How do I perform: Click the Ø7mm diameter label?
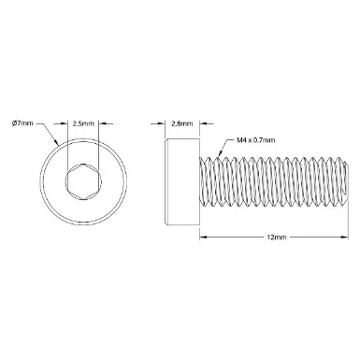[x=22, y=123]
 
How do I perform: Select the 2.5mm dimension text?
[x=83, y=123]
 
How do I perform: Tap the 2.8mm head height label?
[x=182, y=123]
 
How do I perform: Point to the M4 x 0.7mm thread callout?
[x=256, y=140]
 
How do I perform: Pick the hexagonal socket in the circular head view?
[x=83, y=180]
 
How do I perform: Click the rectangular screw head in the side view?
[x=181, y=181]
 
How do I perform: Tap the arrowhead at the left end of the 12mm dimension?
[x=203, y=238]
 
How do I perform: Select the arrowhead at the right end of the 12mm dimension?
[x=344, y=238]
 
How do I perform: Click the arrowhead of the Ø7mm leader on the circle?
[x=57, y=143]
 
